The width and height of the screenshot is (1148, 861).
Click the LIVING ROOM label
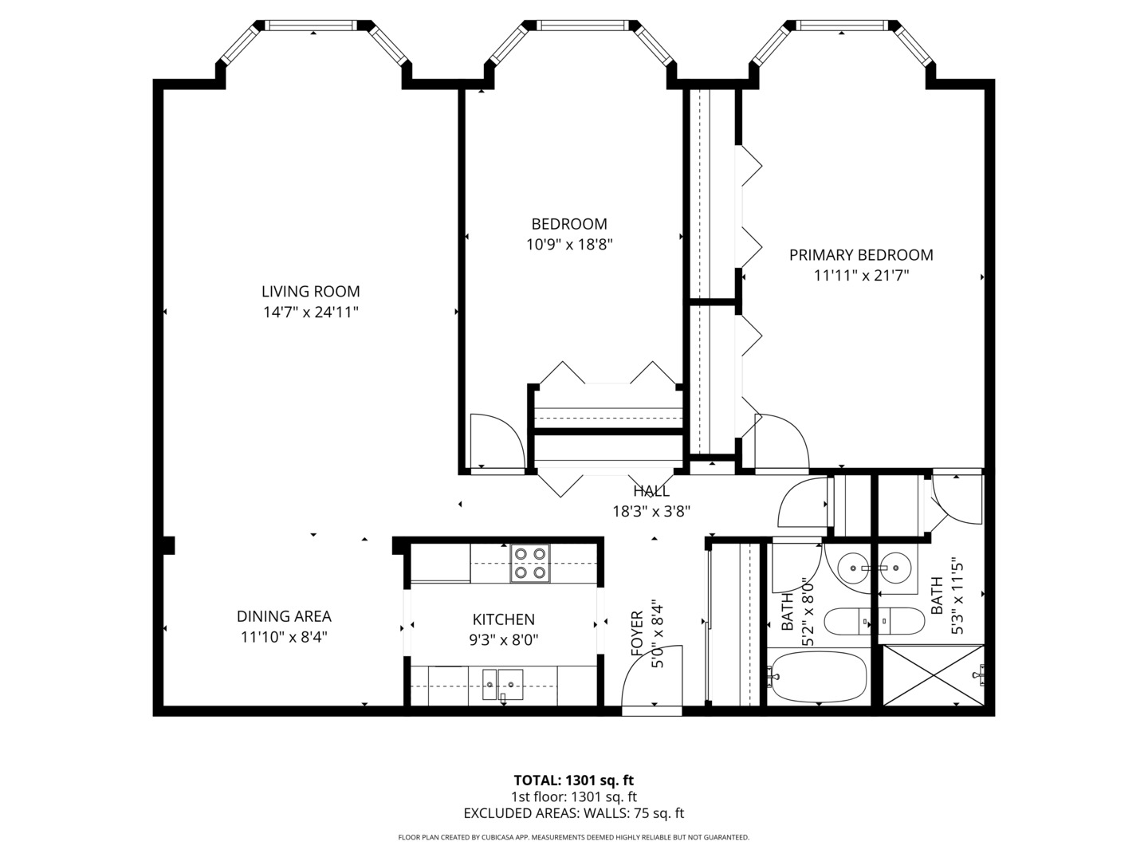(310, 292)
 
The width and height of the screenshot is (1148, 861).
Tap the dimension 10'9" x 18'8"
(568, 245)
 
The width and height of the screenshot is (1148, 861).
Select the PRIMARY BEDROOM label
(861, 255)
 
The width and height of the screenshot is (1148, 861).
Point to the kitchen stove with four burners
(530, 563)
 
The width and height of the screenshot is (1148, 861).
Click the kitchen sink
(502, 684)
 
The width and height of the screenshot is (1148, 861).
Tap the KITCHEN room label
(503, 619)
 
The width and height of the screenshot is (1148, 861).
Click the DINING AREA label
(284, 616)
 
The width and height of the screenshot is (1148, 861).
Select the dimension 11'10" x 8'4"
(284, 637)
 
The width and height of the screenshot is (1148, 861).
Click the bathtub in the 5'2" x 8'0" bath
(817, 677)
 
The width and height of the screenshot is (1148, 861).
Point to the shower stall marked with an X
(933, 675)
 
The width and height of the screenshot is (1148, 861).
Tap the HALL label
(651, 491)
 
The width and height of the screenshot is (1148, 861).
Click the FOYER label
(637, 634)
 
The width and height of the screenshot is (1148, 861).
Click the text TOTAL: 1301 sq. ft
(573, 780)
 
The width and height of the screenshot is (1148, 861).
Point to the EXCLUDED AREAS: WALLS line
(573, 813)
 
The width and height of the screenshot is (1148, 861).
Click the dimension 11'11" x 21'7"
(861, 276)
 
